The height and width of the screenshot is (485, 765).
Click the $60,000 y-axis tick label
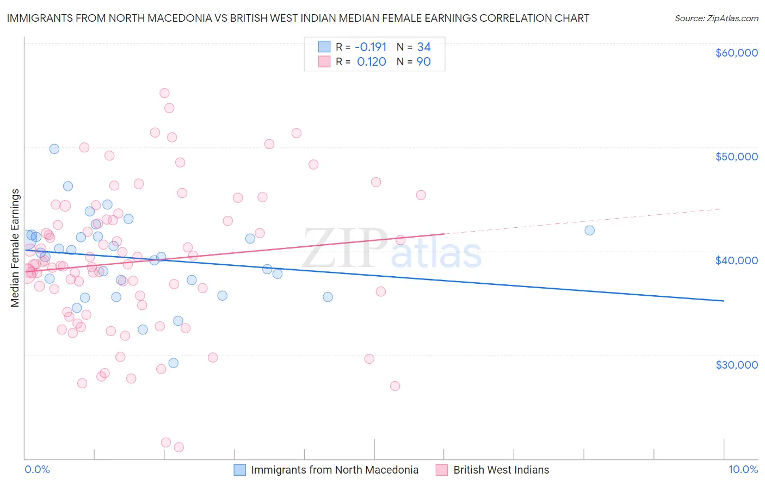coord(736,53)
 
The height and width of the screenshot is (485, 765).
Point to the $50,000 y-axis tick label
coord(736,157)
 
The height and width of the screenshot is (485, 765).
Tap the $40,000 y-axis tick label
coord(736,260)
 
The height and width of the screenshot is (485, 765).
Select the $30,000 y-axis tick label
coord(736,364)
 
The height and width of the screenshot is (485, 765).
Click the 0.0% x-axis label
coord(37,469)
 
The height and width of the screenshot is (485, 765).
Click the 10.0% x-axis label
coord(743,469)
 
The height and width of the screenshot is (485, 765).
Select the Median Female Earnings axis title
coord(15,248)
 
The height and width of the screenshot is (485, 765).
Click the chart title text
coord(298,18)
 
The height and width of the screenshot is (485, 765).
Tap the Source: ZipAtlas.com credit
coord(716,18)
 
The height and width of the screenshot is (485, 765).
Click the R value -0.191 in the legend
coord(371,47)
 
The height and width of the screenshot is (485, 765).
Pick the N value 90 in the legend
coord(423,62)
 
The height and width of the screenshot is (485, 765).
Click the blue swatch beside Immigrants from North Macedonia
coord(240,470)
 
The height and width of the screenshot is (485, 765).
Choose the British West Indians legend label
coord(501,470)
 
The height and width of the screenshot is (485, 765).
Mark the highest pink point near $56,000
coord(164,93)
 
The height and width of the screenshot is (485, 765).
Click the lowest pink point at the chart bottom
coord(178,447)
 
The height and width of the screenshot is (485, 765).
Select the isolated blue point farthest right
coord(589,230)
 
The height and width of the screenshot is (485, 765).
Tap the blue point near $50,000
coord(54,148)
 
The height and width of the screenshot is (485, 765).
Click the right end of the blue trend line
coord(724,301)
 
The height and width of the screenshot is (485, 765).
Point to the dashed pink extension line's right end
coord(721,209)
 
